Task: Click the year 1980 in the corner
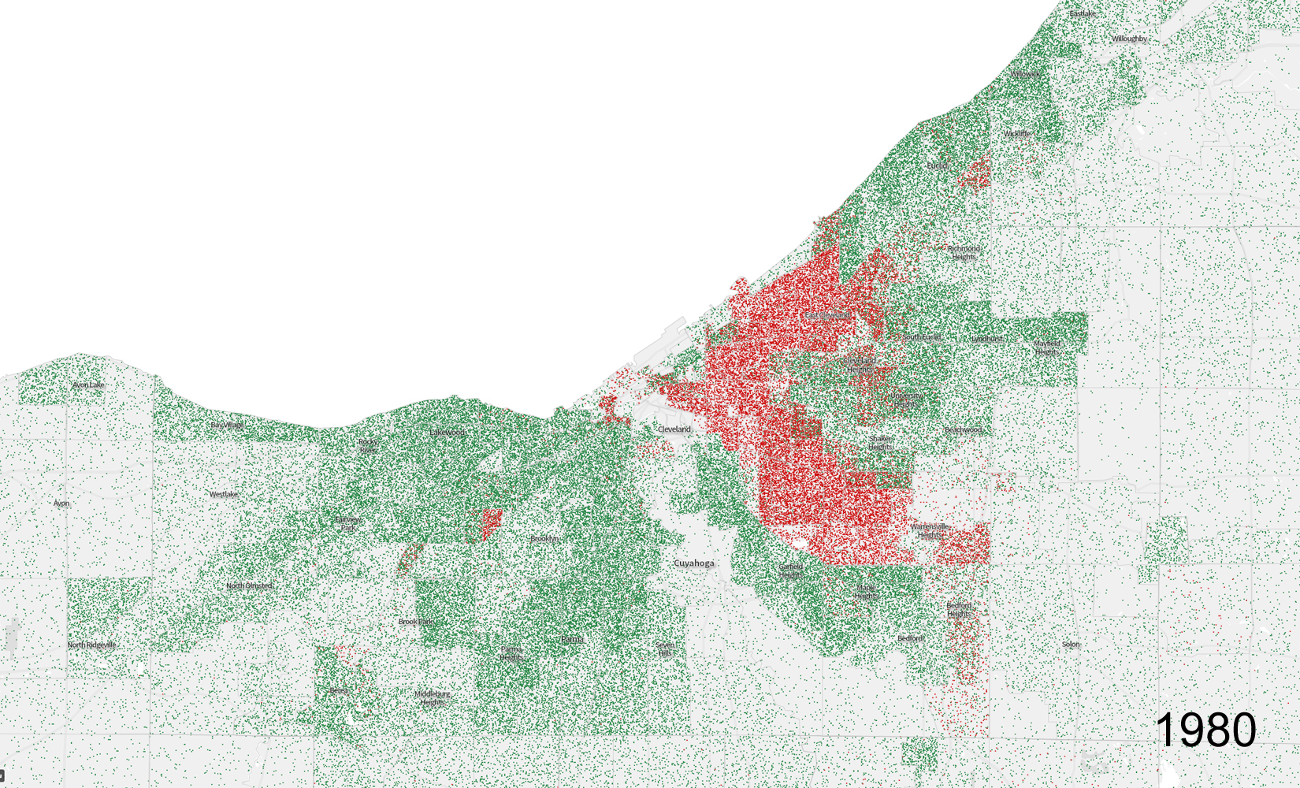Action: [x=1205, y=730]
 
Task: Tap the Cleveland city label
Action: [x=674, y=429]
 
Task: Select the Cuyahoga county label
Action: [x=694, y=563]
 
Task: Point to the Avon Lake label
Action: [x=87, y=385]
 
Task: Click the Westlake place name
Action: [x=223, y=495]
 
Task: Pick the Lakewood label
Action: [x=447, y=433]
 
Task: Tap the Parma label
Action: [x=572, y=639]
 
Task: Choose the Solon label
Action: [x=1071, y=645]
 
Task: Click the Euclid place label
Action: [x=937, y=166]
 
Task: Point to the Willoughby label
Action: [x=1129, y=39]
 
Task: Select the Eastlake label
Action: [x=1082, y=14]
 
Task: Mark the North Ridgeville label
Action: [x=91, y=645]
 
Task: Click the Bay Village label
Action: [x=227, y=426]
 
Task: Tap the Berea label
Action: [x=338, y=691]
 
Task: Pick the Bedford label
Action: [x=909, y=638]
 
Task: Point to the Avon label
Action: [x=61, y=504]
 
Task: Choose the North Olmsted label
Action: [x=249, y=586]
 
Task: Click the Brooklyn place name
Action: [x=544, y=539]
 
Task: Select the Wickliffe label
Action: [x=1016, y=134]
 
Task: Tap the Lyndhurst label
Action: [x=986, y=339]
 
